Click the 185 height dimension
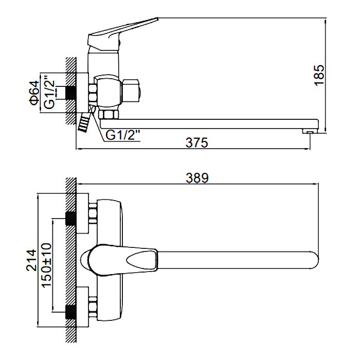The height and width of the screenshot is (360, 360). pyautogui.click(x=319, y=75)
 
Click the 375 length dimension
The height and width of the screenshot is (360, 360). pyautogui.click(x=197, y=142)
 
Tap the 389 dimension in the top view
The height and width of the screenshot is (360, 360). pyautogui.click(x=197, y=178)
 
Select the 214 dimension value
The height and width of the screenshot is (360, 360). pyautogui.click(x=31, y=260)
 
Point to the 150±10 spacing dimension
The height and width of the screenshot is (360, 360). pyautogui.click(x=46, y=265)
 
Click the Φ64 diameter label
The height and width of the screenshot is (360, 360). pyautogui.click(x=34, y=93)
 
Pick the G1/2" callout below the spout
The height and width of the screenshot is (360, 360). pyautogui.click(x=123, y=135)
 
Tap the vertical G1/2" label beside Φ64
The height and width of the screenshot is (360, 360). pyautogui.click(x=49, y=92)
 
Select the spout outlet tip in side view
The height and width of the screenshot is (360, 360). pyautogui.click(x=310, y=131)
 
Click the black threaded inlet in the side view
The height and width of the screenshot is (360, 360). pyautogui.click(x=71, y=93)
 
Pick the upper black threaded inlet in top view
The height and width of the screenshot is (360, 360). pyautogui.click(x=71, y=219)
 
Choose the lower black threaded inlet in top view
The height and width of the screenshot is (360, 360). pyautogui.click(x=71, y=312)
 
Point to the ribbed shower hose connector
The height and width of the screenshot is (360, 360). pyautogui.click(x=84, y=122)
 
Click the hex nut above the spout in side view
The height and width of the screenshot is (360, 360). pyautogui.click(x=109, y=114)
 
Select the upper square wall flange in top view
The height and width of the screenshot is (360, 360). pyautogui.click(x=82, y=213)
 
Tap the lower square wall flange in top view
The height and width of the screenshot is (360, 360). pyautogui.click(x=82, y=307)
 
